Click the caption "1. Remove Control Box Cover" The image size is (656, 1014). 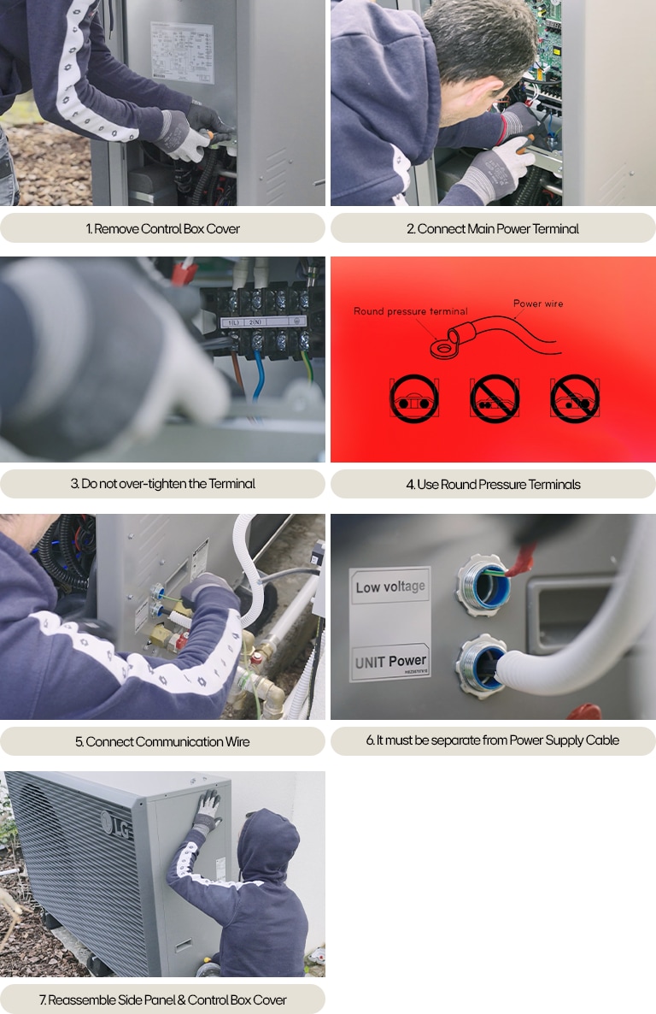[x=162, y=228]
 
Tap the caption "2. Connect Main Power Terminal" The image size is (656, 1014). [x=493, y=228]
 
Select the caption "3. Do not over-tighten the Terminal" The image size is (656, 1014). [x=162, y=484]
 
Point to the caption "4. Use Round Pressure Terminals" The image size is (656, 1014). [x=493, y=484]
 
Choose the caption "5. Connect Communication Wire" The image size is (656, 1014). [x=162, y=741]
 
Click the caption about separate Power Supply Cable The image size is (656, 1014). [x=493, y=740]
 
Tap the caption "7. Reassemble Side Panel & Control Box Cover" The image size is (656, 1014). [x=162, y=999]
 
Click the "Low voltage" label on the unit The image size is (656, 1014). [x=389, y=587]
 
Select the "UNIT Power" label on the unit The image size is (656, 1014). [x=390, y=661]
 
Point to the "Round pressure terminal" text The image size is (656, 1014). [x=410, y=312]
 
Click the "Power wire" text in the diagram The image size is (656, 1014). [x=538, y=304]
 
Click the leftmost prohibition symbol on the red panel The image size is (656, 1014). [x=414, y=398]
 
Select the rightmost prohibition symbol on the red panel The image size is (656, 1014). [x=575, y=398]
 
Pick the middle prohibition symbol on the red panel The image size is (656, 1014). [x=495, y=398]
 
